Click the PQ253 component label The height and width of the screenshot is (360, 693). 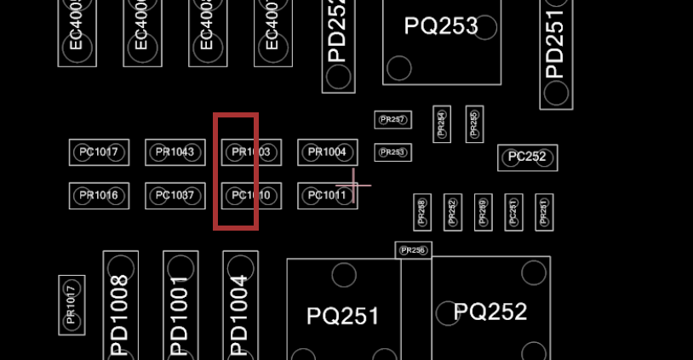[x=440, y=26]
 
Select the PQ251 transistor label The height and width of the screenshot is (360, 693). [x=343, y=317]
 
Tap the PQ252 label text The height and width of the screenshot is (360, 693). [x=490, y=311]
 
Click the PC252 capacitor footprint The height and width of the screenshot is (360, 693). [x=527, y=157]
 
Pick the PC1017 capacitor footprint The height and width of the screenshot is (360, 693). [x=99, y=152]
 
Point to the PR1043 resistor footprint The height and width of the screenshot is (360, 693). [x=175, y=152]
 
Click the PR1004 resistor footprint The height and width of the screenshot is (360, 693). [x=327, y=152]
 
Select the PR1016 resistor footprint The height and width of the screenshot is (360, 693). [x=99, y=196]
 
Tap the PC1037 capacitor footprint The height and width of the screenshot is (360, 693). [x=175, y=196]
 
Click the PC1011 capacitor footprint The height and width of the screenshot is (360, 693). [x=327, y=196]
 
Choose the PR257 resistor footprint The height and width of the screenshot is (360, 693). [x=392, y=120]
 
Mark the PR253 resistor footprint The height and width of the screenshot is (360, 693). [x=392, y=152]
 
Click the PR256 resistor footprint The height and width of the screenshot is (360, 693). [x=413, y=250]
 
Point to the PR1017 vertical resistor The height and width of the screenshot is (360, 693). [x=72, y=306]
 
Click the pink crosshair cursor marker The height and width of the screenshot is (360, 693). [x=353, y=186]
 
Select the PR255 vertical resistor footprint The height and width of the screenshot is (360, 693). [x=474, y=124]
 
